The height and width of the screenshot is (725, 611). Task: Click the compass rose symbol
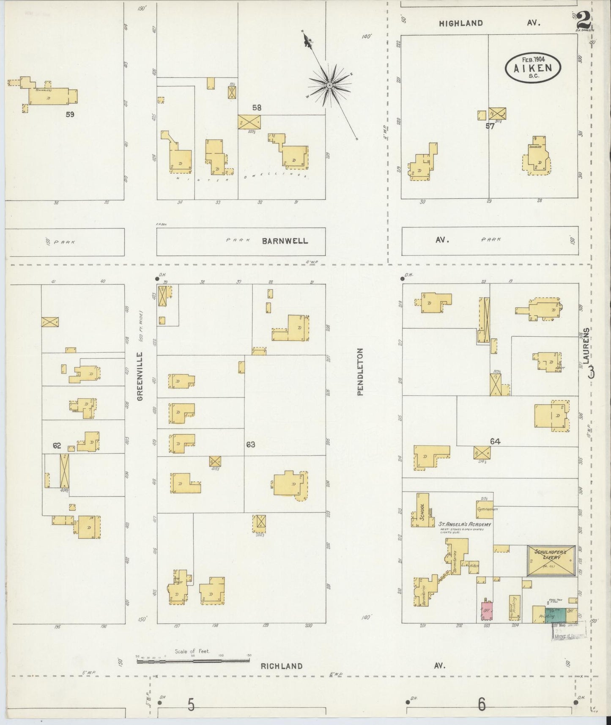point(329,85)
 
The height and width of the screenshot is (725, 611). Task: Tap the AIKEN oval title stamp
point(533,66)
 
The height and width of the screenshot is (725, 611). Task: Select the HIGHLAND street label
point(460,24)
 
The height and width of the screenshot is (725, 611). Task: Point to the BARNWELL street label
point(285,241)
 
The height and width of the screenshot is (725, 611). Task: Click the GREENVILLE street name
point(140,376)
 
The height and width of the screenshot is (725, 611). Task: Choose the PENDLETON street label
point(360,371)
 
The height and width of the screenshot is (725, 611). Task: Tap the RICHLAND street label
point(281,666)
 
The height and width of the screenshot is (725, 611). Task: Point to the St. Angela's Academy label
point(464,525)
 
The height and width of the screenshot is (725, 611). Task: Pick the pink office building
point(487,611)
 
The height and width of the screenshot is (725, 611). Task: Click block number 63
point(250,445)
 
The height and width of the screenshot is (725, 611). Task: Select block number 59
point(70,114)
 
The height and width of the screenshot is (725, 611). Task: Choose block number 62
point(57,445)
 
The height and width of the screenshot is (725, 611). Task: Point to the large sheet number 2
point(583,20)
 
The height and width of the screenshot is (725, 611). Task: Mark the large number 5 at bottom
point(191,705)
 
